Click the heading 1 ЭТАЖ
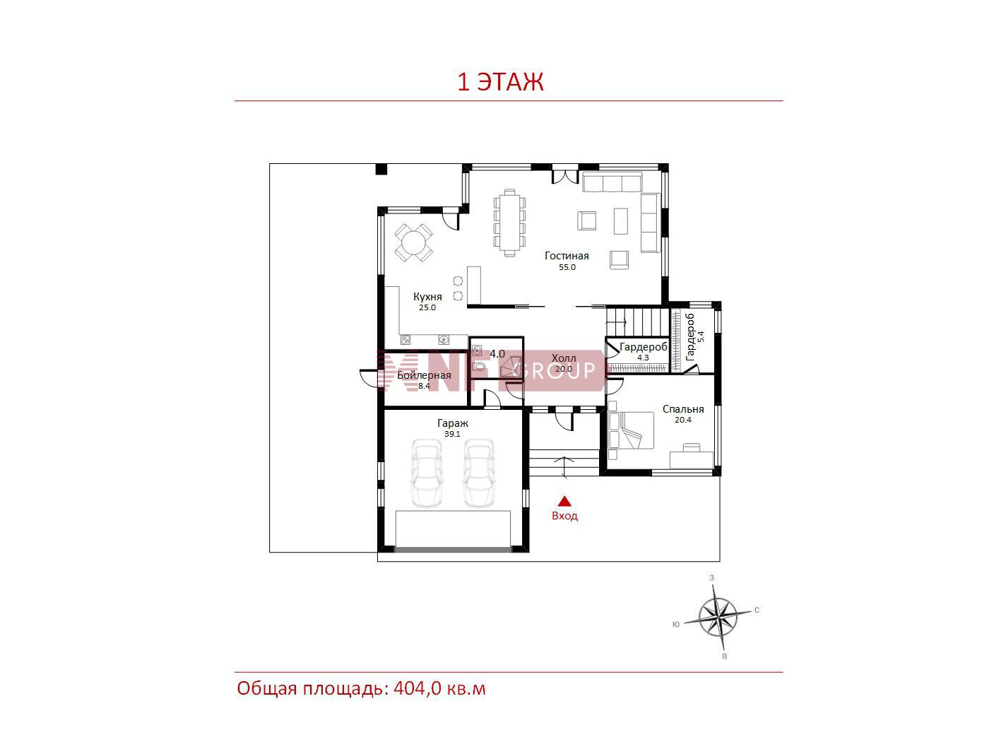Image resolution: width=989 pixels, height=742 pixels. [x=500, y=82]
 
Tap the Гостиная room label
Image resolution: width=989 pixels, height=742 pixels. [x=567, y=256]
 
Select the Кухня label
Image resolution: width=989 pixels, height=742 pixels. [x=427, y=296]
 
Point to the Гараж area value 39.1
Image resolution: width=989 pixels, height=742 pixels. [x=452, y=434]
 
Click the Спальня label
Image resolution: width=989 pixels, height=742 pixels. [x=682, y=409]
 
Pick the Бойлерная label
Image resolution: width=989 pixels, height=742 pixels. [x=424, y=375]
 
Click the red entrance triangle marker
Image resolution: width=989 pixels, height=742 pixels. [x=564, y=502]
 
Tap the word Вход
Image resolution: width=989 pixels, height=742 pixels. [x=564, y=515]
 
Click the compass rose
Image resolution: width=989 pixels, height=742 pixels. [x=718, y=616]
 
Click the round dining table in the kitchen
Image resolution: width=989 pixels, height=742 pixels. [x=413, y=243]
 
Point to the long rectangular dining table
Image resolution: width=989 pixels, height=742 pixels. [x=509, y=223]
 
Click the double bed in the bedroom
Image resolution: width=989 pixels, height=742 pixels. [x=630, y=430]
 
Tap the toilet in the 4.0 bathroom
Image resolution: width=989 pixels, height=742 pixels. [x=479, y=367]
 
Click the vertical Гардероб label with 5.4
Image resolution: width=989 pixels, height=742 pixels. [x=694, y=336]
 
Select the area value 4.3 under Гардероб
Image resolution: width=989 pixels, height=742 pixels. [x=643, y=358]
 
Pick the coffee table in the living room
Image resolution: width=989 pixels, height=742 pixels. [x=620, y=220]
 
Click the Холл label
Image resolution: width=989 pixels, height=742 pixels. [x=563, y=358]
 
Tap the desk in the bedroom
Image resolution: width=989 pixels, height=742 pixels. [x=691, y=459]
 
